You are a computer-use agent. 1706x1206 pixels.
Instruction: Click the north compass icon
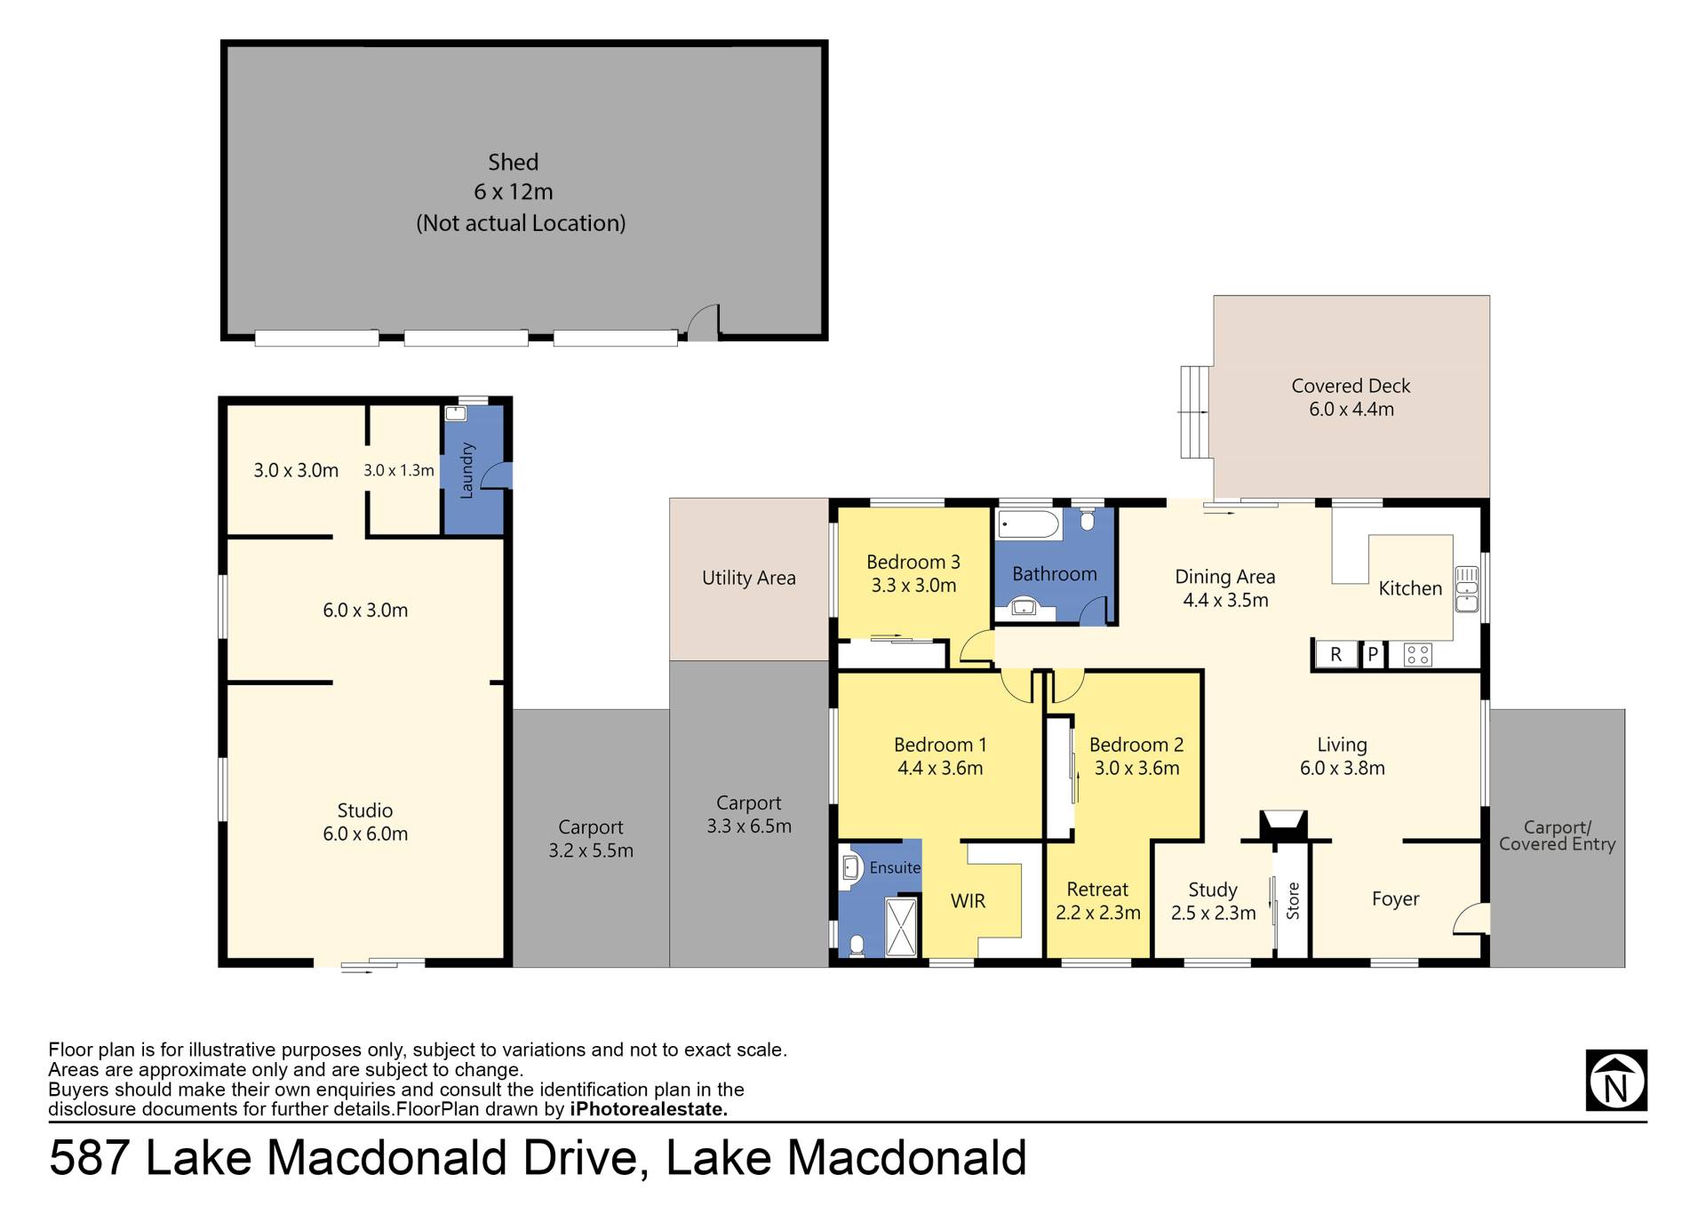(x=1616, y=1080)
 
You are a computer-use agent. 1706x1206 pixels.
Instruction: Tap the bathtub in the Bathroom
(x=1029, y=524)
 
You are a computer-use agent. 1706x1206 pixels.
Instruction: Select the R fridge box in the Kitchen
(x=1335, y=655)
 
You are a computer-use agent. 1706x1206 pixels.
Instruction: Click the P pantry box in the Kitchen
(x=1373, y=655)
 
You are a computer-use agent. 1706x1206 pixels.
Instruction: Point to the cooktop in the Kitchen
(x=1417, y=656)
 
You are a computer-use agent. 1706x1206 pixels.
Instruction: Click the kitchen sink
(x=1466, y=589)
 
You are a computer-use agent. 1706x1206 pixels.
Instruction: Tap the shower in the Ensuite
(x=901, y=927)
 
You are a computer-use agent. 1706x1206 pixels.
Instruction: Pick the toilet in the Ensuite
(x=857, y=946)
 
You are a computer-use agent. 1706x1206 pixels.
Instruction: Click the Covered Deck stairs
(x=1195, y=411)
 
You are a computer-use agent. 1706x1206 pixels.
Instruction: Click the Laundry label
(x=466, y=470)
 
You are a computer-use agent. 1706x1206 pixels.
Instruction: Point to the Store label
(x=1293, y=900)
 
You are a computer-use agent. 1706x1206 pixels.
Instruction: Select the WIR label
(x=968, y=901)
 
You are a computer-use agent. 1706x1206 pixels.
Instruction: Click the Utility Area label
(x=748, y=578)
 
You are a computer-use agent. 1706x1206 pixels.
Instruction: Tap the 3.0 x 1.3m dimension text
(x=398, y=470)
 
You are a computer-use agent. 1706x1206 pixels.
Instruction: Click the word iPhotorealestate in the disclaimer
(x=649, y=1109)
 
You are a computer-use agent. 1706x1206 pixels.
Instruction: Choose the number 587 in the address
(x=90, y=1157)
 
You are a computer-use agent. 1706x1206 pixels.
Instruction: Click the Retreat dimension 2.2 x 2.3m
(x=1097, y=913)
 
